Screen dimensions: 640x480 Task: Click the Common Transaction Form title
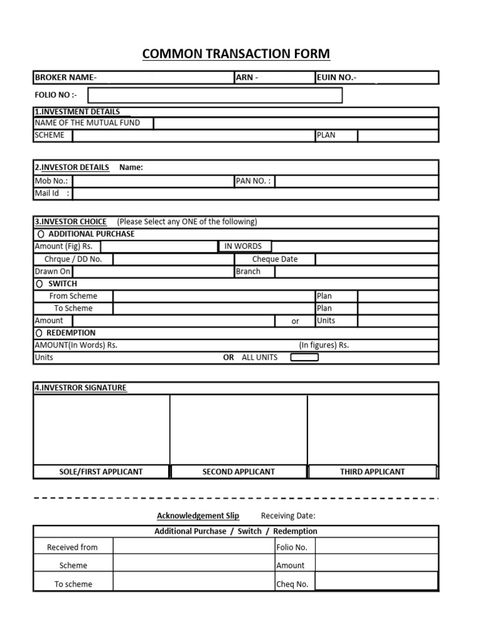[236, 54]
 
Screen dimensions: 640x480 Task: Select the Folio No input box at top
[215, 95]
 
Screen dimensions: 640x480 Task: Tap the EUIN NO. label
[337, 77]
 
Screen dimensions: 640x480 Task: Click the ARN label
[247, 77]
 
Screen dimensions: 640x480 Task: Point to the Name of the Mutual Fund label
[87, 122]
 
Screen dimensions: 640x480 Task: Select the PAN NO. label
[253, 181]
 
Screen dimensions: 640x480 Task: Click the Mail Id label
[49, 194]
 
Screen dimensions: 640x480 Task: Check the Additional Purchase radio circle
[41, 234]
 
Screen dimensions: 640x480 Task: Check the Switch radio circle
[40, 284]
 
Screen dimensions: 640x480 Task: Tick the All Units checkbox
[304, 357]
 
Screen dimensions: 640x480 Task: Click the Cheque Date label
[274, 259]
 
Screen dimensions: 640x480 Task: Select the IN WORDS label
[243, 246]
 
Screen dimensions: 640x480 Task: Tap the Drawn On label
[52, 272]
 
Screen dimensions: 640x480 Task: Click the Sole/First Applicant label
[101, 472]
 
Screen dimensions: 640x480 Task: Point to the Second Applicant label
[238, 472]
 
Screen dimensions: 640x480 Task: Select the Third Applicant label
[372, 472]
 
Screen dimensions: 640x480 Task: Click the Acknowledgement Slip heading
[197, 516]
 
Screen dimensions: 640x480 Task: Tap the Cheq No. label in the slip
[292, 584]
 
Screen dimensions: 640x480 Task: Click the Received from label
[72, 547]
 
